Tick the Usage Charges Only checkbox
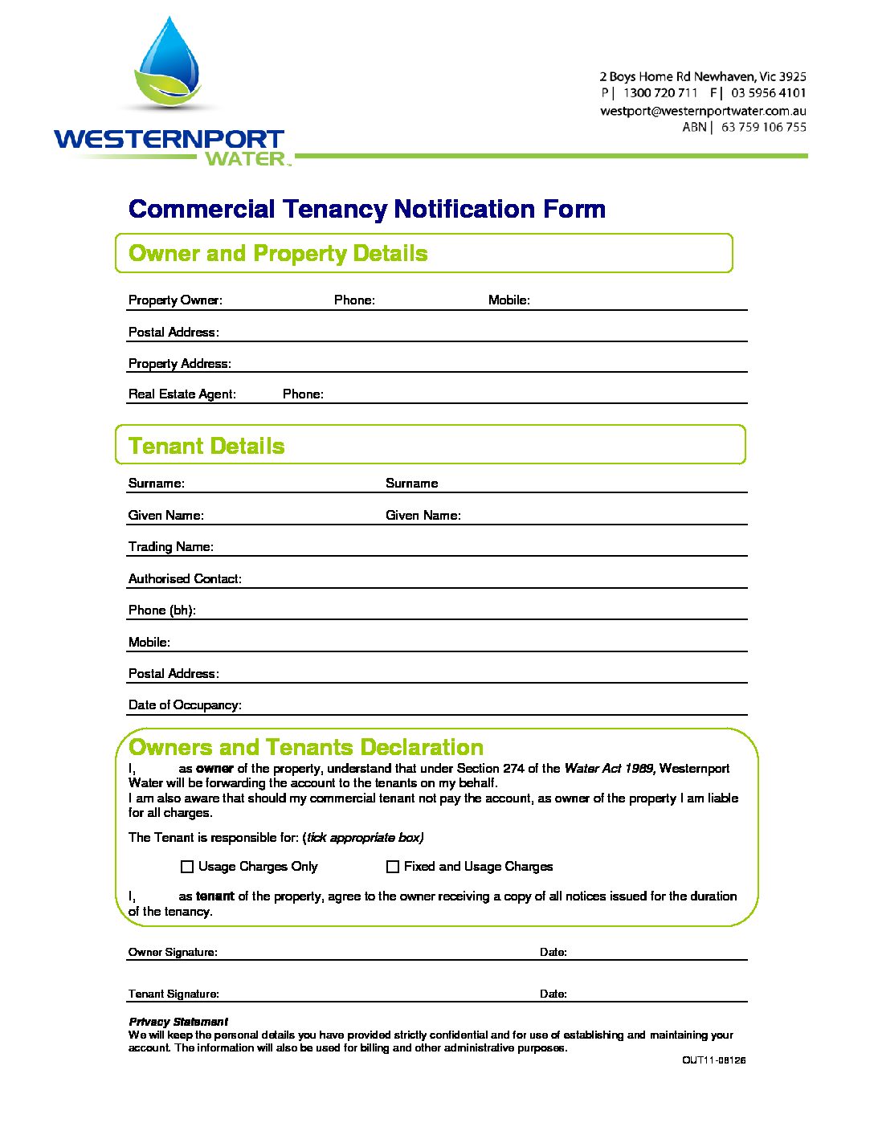[187, 867]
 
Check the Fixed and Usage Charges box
[393, 867]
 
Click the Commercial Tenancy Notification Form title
[367, 210]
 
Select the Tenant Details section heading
[206, 447]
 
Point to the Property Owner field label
[175, 300]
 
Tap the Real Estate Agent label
[182, 394]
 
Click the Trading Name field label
[171, 547]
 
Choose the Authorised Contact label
[185, 579]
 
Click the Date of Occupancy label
[185, 705]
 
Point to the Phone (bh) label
[162, 610]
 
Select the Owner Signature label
[173, 953]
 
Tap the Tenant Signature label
[174, 994]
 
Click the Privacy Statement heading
[178, 1023]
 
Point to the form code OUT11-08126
[714, 1060]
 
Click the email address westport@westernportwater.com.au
[703, 111]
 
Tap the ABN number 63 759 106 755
[763, 127]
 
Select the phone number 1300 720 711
[660, 93]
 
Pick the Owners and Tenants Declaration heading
[306, 748]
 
